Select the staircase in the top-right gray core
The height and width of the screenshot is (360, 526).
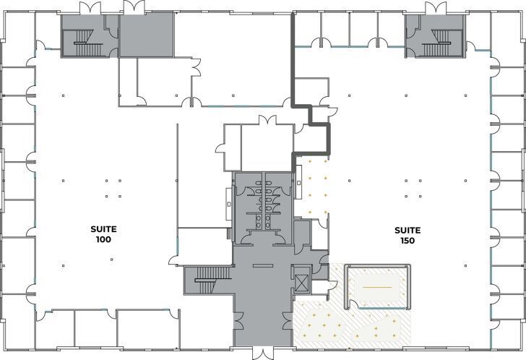436,48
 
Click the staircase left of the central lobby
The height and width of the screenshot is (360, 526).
207,280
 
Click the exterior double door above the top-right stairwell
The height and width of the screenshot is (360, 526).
436,9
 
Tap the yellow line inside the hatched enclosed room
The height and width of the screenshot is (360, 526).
376,288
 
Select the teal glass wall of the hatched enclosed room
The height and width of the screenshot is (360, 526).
379,266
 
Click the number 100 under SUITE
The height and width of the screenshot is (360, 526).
103,239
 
